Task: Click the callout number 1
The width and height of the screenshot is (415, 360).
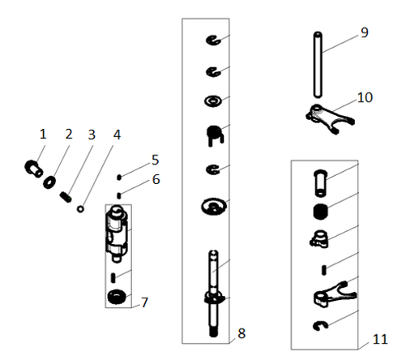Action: pos(43,135)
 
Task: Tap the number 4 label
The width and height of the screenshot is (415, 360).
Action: pos(117,135)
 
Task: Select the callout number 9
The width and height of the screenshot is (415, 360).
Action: pos(365,32)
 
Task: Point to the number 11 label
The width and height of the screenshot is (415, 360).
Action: pos(380,339)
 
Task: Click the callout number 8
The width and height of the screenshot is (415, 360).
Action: pos(242,333)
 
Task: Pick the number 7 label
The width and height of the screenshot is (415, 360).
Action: pos(144,302)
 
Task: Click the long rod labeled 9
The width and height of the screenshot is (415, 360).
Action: pos(318,64)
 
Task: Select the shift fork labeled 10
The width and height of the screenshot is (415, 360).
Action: pos(330,119)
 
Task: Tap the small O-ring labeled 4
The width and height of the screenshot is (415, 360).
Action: pos(80,209)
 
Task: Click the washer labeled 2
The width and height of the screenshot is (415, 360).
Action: pos(49,182)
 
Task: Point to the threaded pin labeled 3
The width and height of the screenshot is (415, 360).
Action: pos(66,197)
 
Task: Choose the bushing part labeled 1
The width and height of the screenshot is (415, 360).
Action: pos(33,168)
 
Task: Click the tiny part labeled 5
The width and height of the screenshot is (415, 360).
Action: pos(119,178)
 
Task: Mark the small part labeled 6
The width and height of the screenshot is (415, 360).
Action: pos(119,195)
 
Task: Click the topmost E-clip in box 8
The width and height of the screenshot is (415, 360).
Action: pos(213,41)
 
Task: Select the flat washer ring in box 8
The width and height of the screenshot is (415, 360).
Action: pos(213,101)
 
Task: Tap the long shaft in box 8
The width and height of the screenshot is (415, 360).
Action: pos(214,294)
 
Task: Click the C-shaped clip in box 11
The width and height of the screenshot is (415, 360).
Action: pos(320,326)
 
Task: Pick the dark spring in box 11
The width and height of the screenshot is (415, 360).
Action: pos(320,211)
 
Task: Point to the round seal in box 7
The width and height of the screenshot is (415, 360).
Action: pos(117,297)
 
